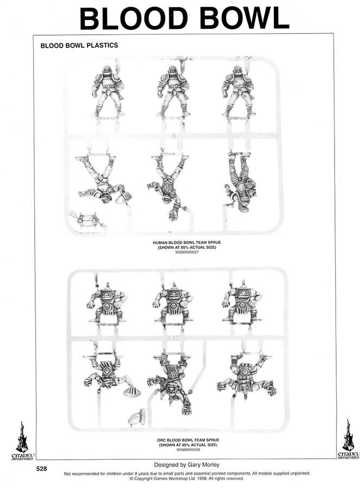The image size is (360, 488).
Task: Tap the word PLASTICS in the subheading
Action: coord(102,46)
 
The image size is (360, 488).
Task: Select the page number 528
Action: coord(41,468)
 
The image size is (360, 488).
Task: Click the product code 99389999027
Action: coord(187,252)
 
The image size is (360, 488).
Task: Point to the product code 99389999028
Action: coord(188,450)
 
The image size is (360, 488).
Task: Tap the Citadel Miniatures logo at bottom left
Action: coord(22,441)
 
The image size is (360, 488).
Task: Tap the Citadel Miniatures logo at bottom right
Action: coord(349,439)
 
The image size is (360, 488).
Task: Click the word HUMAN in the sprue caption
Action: coord(159,242)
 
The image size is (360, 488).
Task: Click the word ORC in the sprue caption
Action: coord(162,440)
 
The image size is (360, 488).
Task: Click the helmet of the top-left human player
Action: coord(106,70)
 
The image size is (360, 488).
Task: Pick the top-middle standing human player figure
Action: coord(173,91)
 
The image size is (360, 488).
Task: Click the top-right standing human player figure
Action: coord(239,91)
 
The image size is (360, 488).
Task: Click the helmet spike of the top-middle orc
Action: coord(174,285)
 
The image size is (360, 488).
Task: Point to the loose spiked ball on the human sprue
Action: coord(88,220)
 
